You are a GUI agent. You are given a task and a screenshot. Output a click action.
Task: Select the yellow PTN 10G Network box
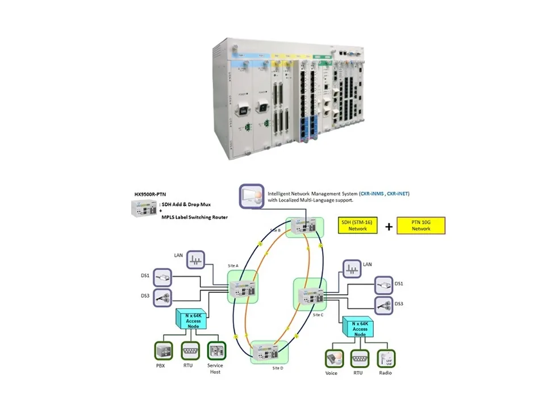click(x=420, y=226)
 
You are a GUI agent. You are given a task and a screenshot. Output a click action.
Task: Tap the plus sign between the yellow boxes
click(x=389, y=226)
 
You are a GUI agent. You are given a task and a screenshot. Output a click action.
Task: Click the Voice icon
click(x=332, y=358)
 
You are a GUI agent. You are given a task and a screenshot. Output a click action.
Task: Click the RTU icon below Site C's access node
click(x=359, y=358)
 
